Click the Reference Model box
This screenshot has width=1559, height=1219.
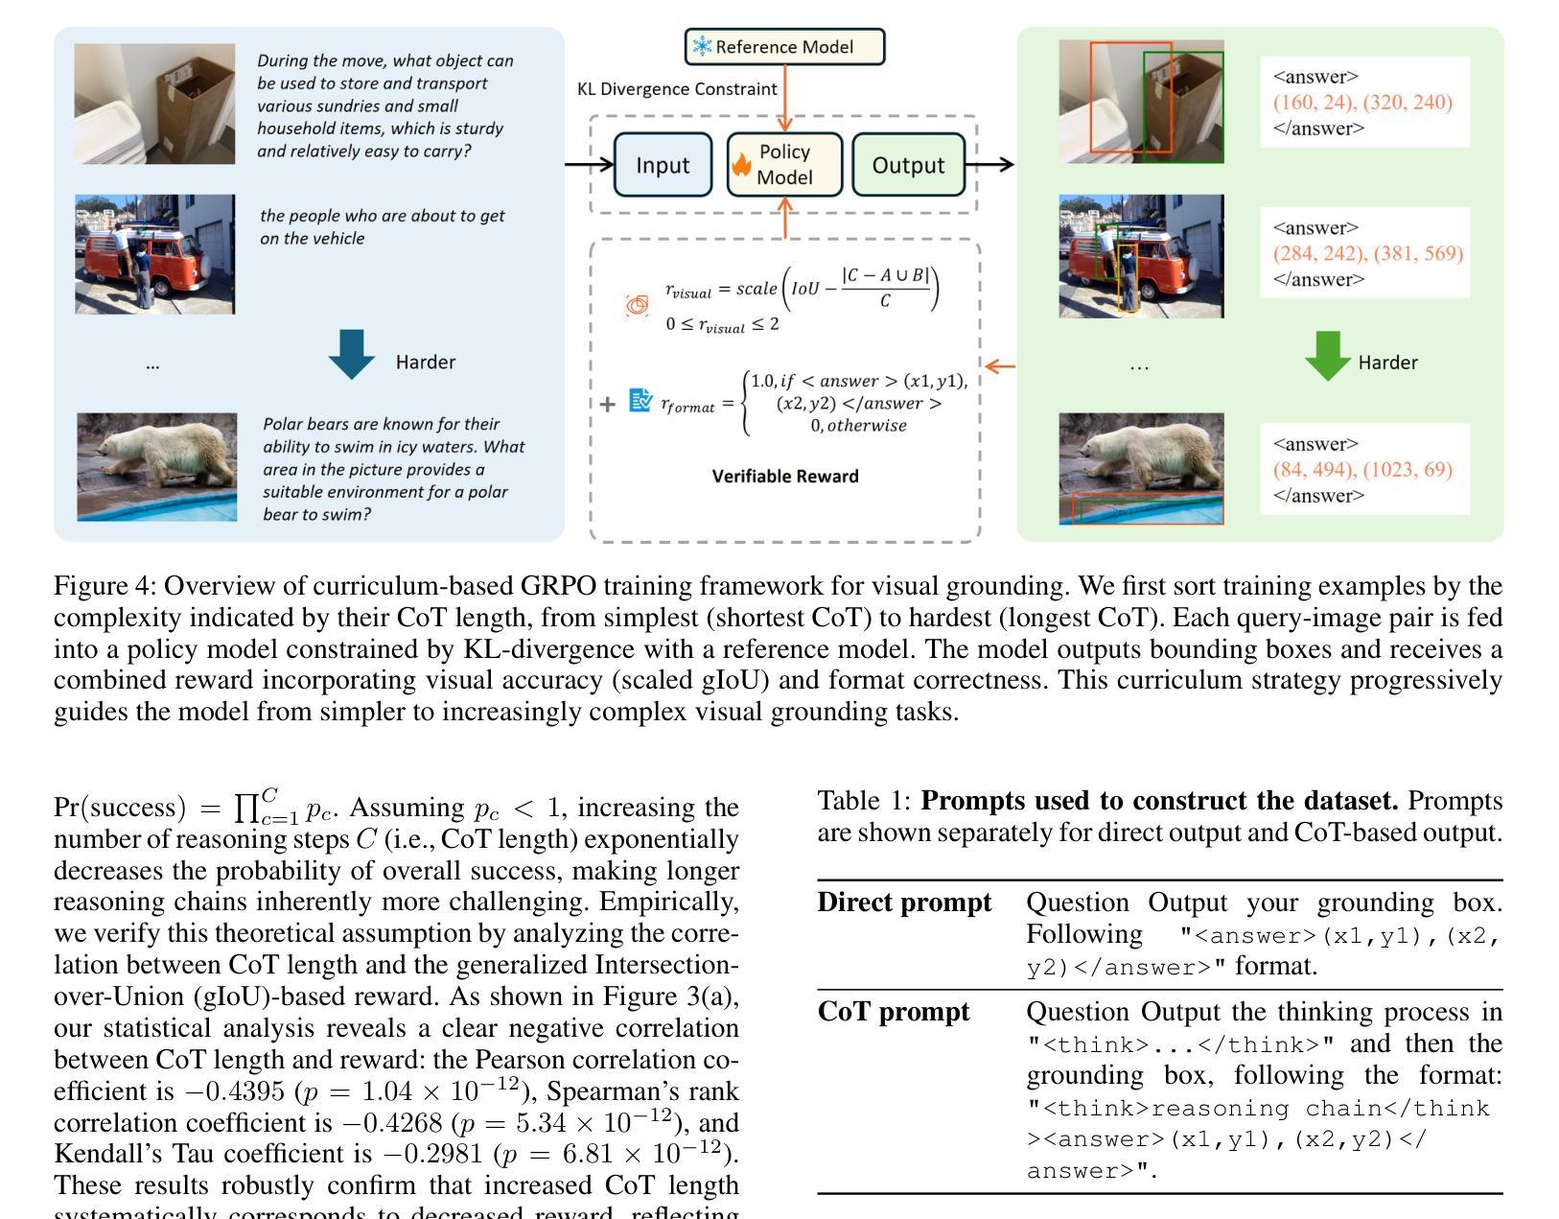[784, 47]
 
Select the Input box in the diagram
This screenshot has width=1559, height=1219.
[663, 165]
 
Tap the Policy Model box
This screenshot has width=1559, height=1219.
[784, 165]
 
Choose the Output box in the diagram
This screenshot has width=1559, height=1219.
[908, 165]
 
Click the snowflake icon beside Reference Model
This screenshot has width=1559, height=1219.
[702, 47]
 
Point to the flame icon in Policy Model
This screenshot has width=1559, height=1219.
[741, 166]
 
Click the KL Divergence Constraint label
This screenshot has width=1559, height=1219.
[677, 89]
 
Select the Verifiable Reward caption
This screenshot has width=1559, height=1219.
[785, 477]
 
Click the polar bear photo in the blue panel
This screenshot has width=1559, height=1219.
[157, 467]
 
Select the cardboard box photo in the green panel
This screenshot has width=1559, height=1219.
[1141, 102]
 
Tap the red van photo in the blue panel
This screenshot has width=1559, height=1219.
[155, 254]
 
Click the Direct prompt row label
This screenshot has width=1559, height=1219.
[904, 903]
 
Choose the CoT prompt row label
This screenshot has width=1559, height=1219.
[894, 1013]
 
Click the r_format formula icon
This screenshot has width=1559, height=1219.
[640, 401]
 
